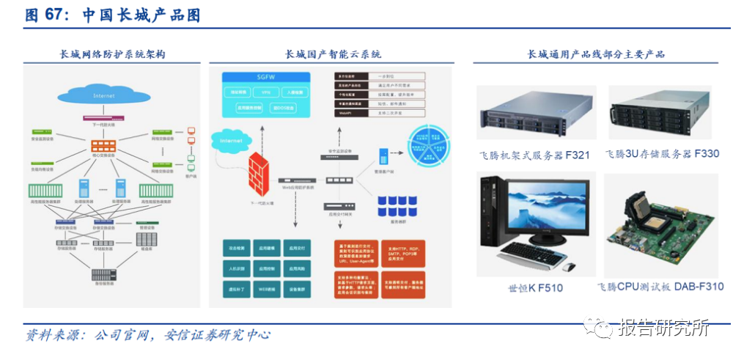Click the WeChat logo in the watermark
click(x=603, y=327)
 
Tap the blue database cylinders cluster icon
click(x=397, y=205)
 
